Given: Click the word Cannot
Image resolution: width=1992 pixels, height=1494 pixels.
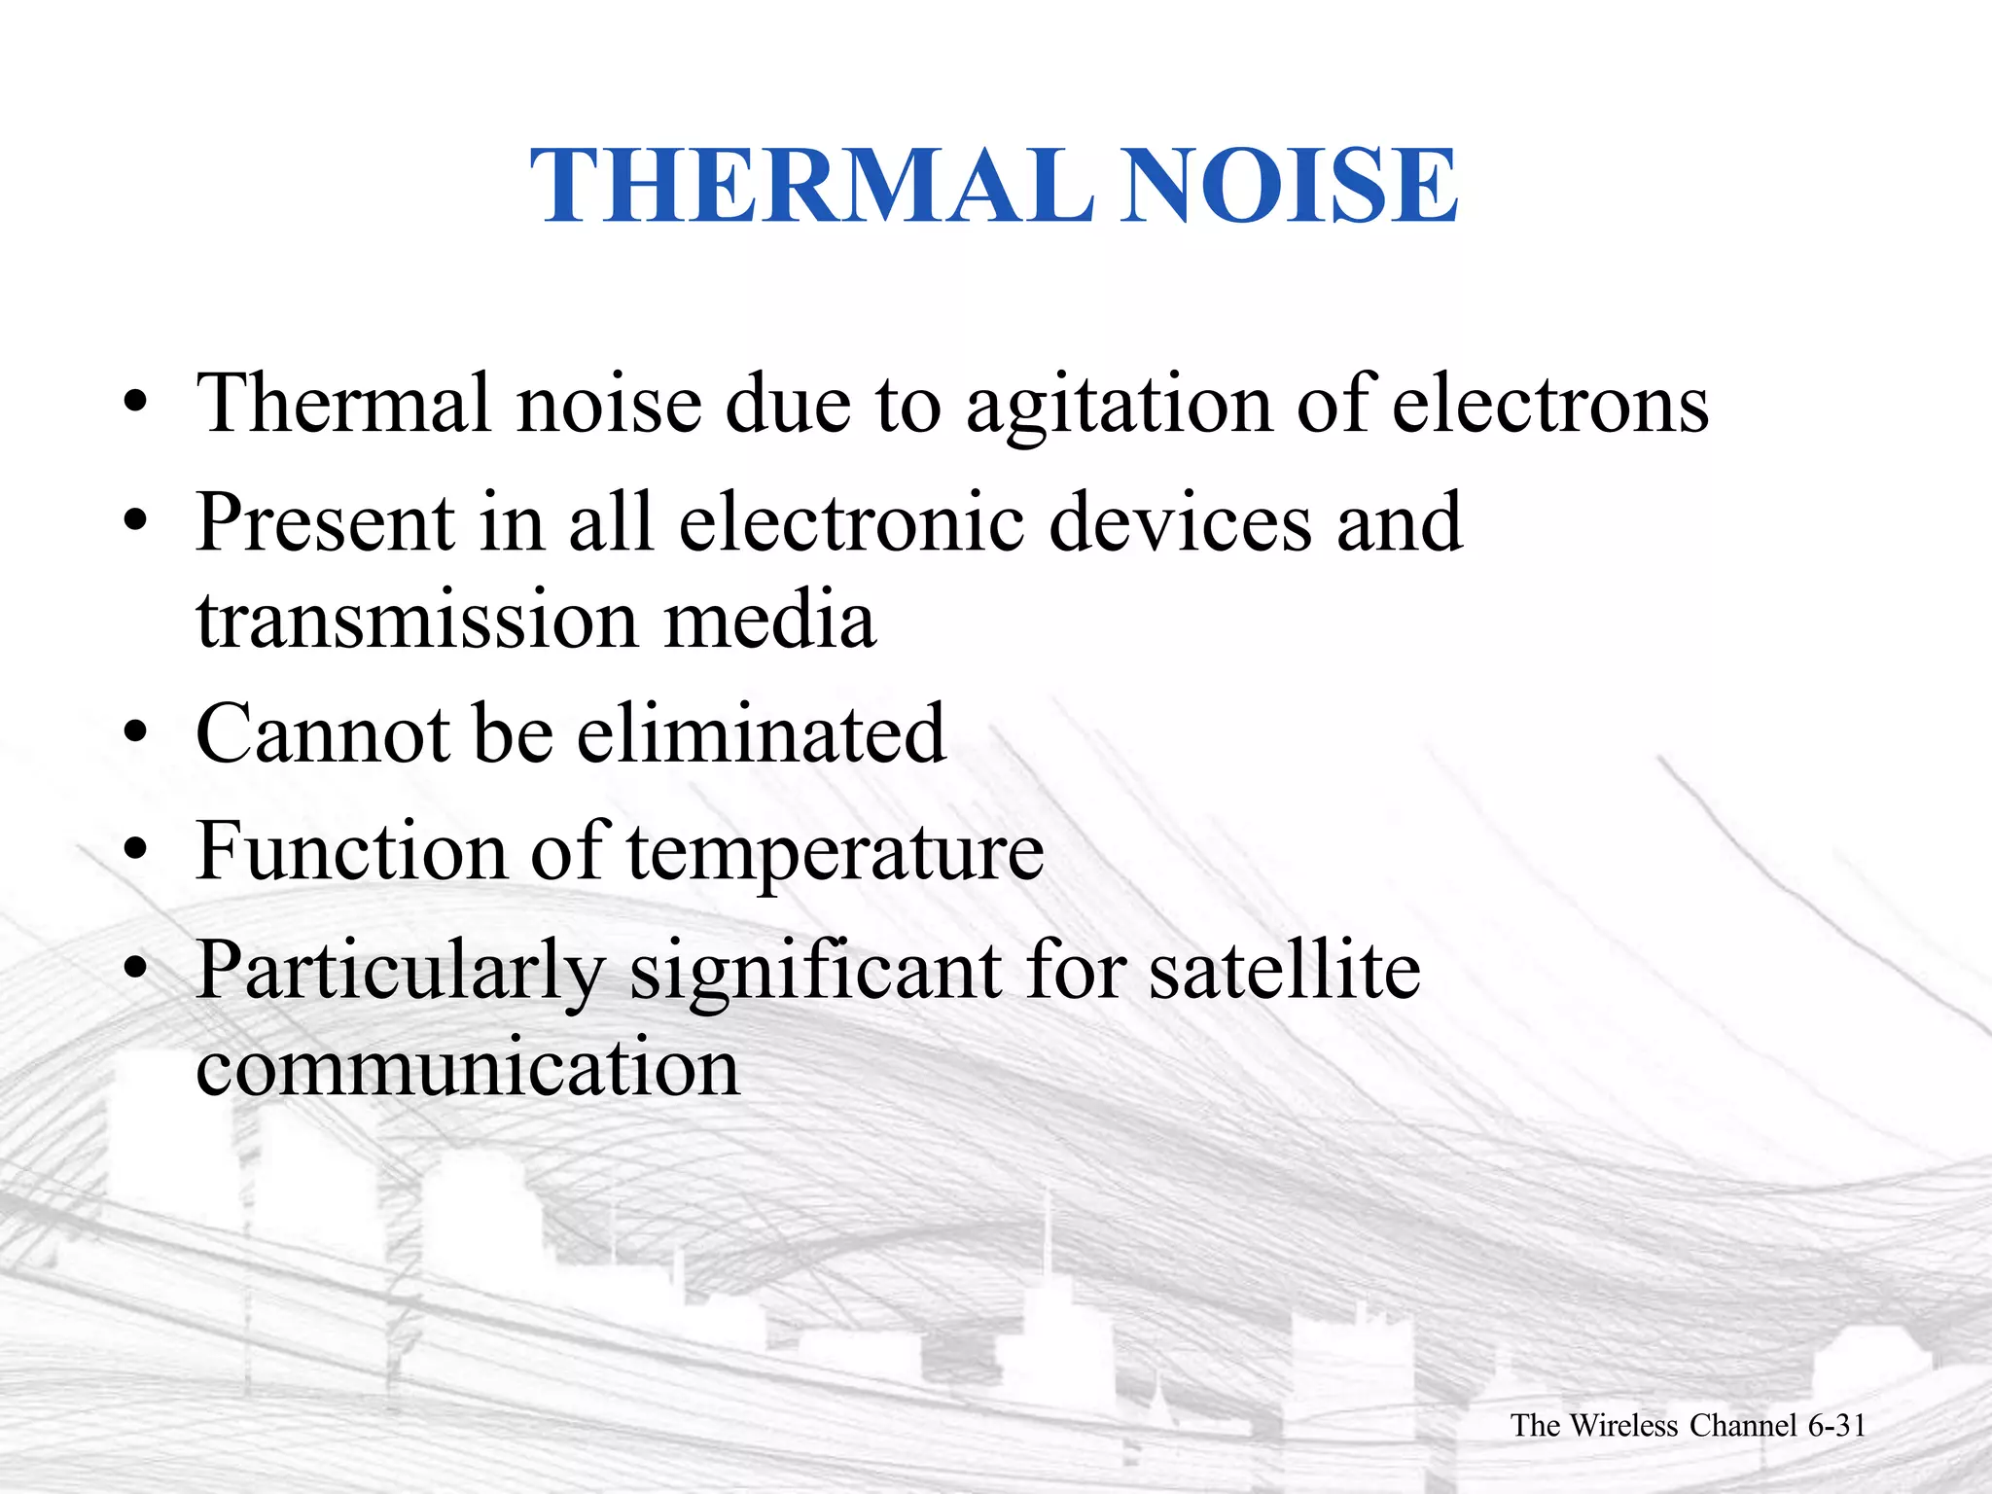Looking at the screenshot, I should (322, 733).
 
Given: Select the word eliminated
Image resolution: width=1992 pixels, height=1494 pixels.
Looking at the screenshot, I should (761, 733).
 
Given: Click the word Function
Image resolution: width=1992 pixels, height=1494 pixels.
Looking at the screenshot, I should (351, 851).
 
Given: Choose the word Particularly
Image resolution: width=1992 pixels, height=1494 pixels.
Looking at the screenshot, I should (401, 971).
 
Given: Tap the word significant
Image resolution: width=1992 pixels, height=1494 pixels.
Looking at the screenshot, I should (815, 971).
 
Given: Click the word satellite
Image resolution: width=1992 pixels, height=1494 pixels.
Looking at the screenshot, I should (1284, 971).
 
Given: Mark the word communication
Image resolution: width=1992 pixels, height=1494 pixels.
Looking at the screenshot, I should (467, 1068).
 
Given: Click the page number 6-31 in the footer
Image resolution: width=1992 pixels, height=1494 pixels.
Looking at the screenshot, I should (1836, 1426).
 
